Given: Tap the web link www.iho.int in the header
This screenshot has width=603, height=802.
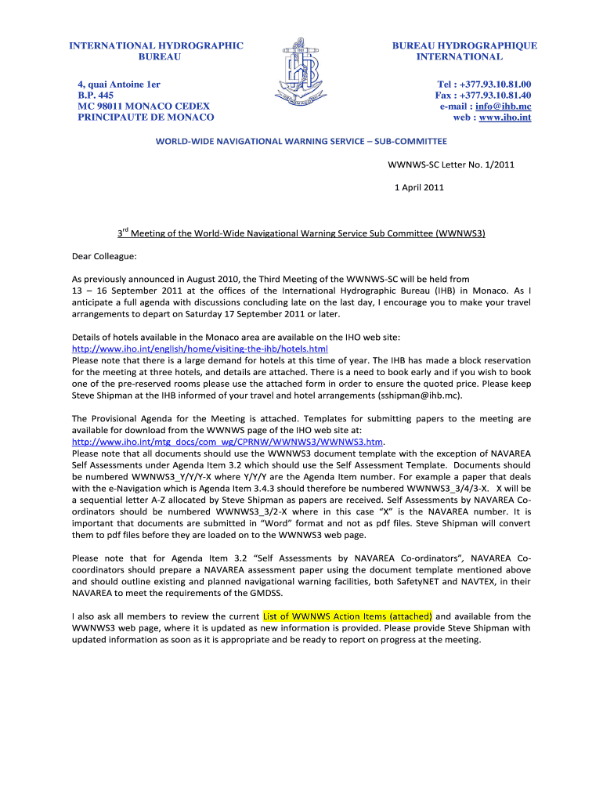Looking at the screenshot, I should (x=504, y=118).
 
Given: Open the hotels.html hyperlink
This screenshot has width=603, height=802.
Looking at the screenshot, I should (x=200, y=348).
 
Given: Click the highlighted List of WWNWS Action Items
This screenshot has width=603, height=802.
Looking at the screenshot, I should (x=348, y=616).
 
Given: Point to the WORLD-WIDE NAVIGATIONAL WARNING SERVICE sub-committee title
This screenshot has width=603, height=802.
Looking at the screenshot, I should (x=301, y=142).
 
